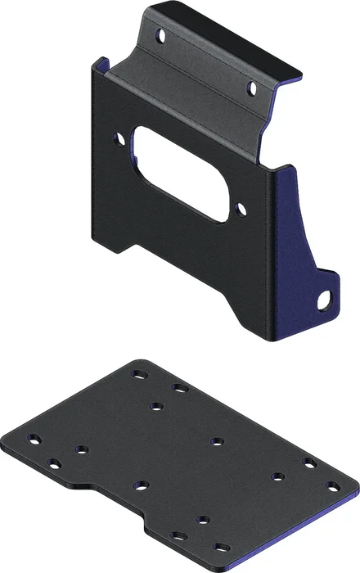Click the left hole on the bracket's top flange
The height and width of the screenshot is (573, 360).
pyautogui.click(x=161, y=37)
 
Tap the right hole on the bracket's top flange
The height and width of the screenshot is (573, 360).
pyautogui.click(x=253, y=86)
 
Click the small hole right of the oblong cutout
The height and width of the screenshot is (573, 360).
pyautogui.click(x=241, y=210)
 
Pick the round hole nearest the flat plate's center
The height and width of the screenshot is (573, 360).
pyautogui.click(x=217, y=442)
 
